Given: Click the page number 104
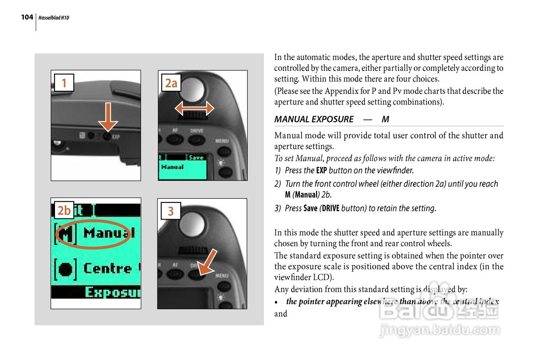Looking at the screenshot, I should [27, 17].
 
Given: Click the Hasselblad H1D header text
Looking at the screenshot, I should [54, 18].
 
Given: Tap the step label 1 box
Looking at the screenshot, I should [64, 83].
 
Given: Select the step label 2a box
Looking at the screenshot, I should [171, 83].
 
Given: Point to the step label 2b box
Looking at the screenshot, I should [64, 210].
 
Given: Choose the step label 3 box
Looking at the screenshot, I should [170, 211].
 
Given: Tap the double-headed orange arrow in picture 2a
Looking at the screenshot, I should [194, 109].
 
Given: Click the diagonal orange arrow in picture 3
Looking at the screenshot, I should [207, 263].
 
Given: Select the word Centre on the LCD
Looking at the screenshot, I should [107, 268].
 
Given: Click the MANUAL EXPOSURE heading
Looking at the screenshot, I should [314, 119].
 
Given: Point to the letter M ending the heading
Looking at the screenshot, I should [385, 119].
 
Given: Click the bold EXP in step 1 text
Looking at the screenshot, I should [321, 170].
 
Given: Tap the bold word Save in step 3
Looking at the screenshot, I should [310, 208].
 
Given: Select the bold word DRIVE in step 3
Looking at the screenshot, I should [331, 208].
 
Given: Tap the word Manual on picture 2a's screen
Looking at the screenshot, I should [172, 167].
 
